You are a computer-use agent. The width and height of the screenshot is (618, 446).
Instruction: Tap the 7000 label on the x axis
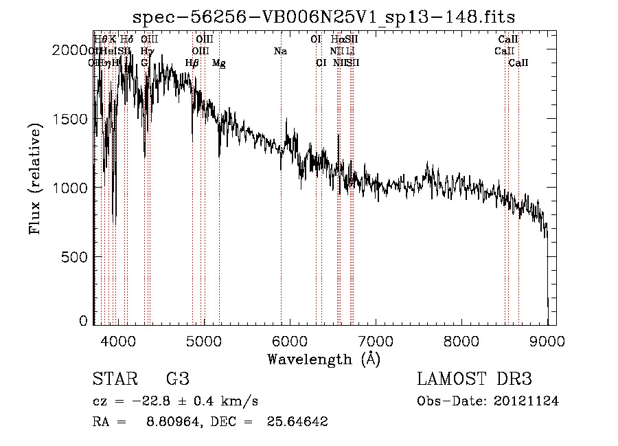click(375, 340)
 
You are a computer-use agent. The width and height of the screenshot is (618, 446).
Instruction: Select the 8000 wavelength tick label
click(461, 340)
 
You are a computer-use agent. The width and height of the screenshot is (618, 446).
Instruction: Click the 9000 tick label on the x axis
click(547, 340)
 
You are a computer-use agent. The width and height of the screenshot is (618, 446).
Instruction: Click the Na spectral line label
click(280, 51)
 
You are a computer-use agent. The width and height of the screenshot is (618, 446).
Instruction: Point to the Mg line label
click(218, 63)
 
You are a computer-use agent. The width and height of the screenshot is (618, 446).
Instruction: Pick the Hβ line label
click(192, 63)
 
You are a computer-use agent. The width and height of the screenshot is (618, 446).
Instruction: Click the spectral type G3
click(177, 379)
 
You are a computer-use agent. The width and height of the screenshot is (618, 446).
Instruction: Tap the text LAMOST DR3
click(474, 379)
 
